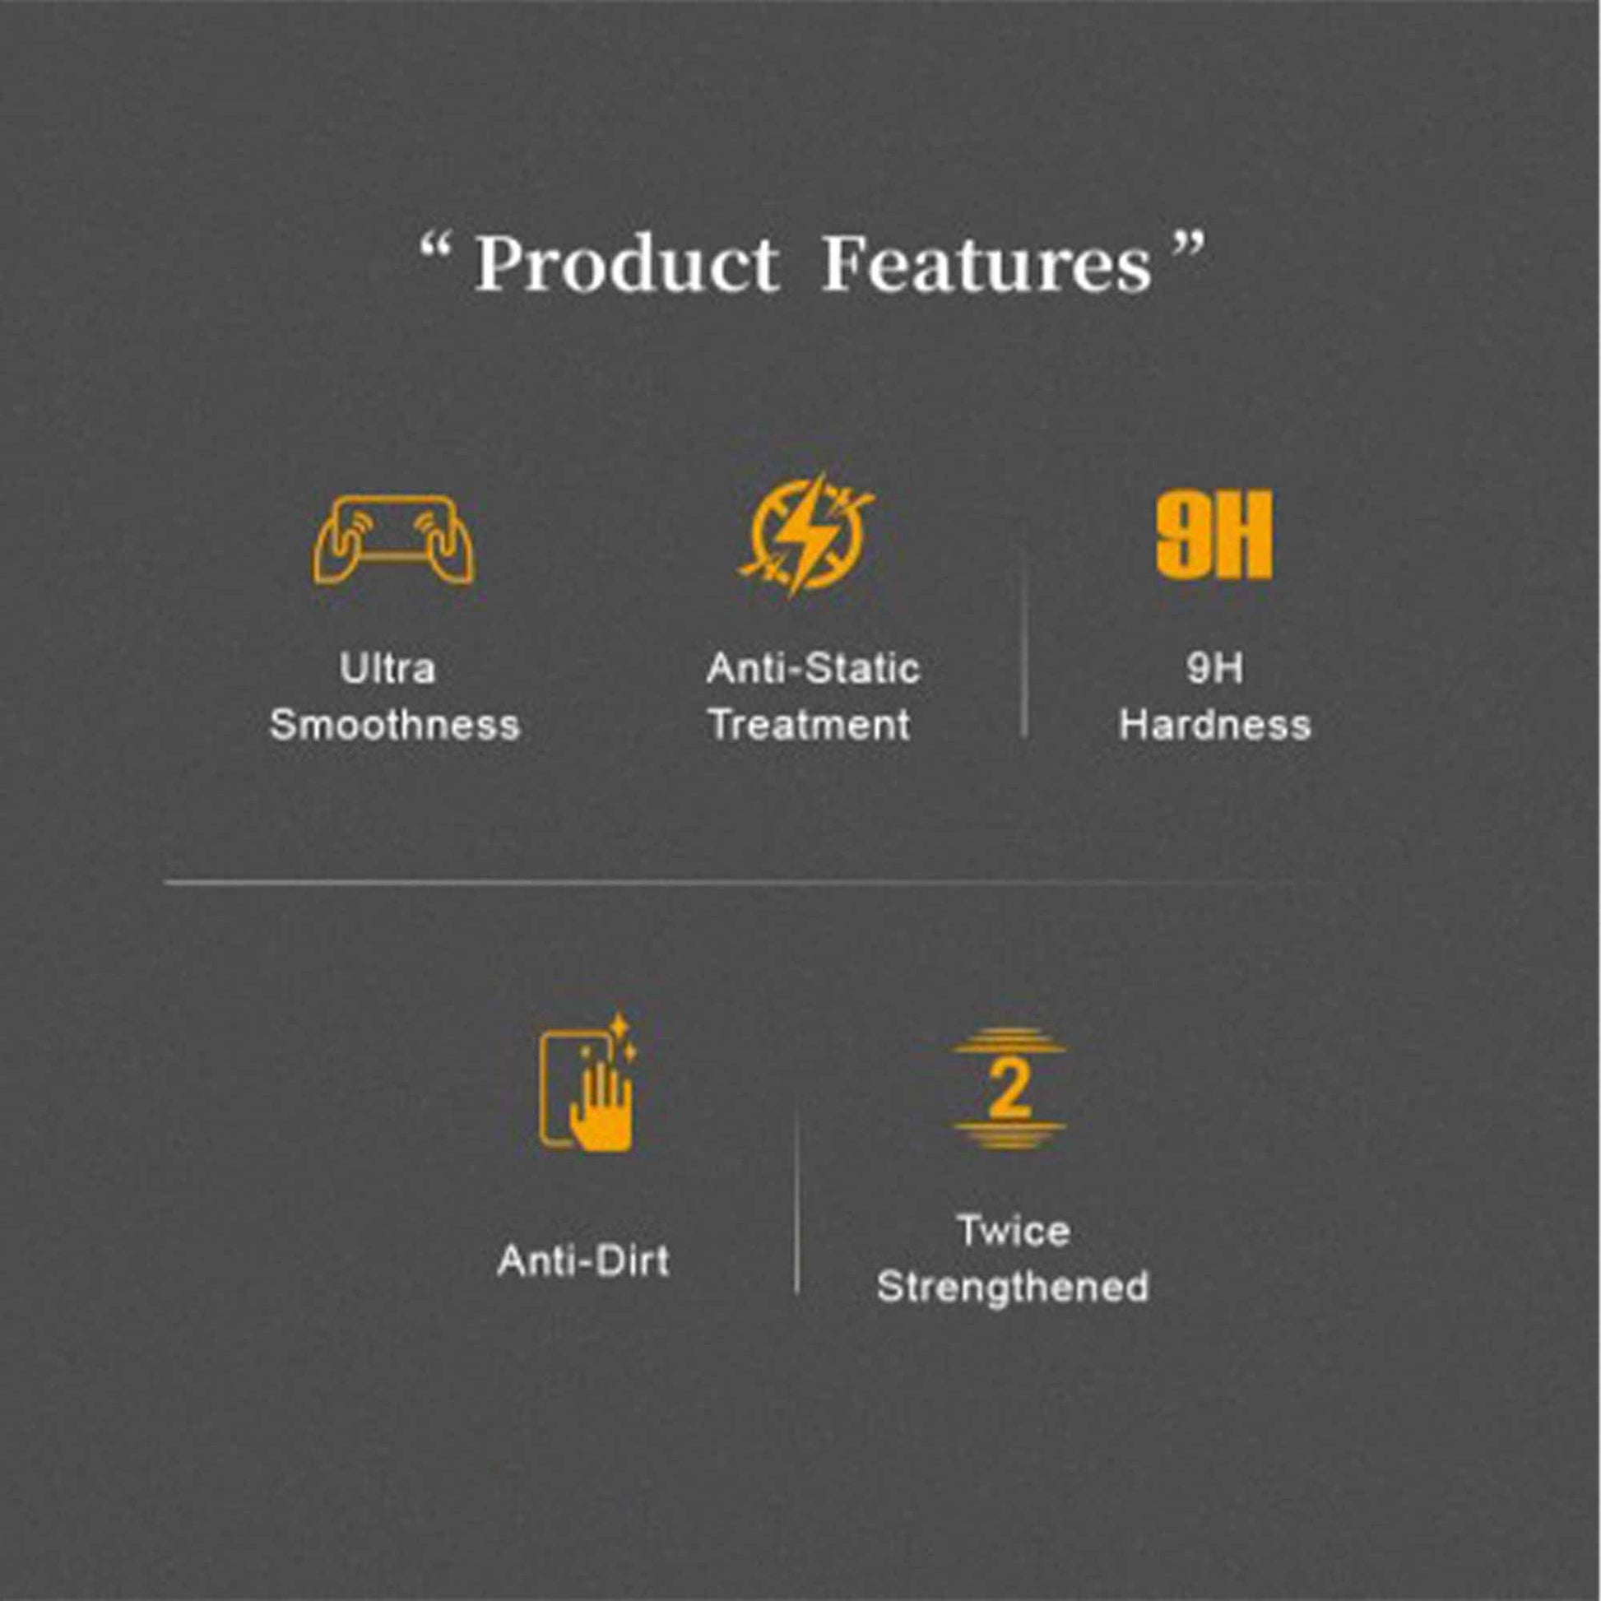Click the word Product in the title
click(627, 262)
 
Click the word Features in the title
click(987, 262)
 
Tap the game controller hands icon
click(393, 540)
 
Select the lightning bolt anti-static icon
click(807, 535)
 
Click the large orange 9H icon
click(1214, 535)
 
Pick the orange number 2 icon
click(1009, 1089)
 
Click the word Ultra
click(387, 669)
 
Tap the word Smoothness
click(394, 725)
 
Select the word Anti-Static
click(813, 669)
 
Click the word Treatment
click(810, 725)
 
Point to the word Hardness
click(1215, 725)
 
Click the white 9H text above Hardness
click(1215, 669)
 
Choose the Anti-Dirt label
click(583, 1260)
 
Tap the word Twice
click(1014, 1231)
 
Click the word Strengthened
click(1013, 1287)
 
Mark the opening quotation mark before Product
click(436, 244)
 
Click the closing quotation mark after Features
click(1190, 244)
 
